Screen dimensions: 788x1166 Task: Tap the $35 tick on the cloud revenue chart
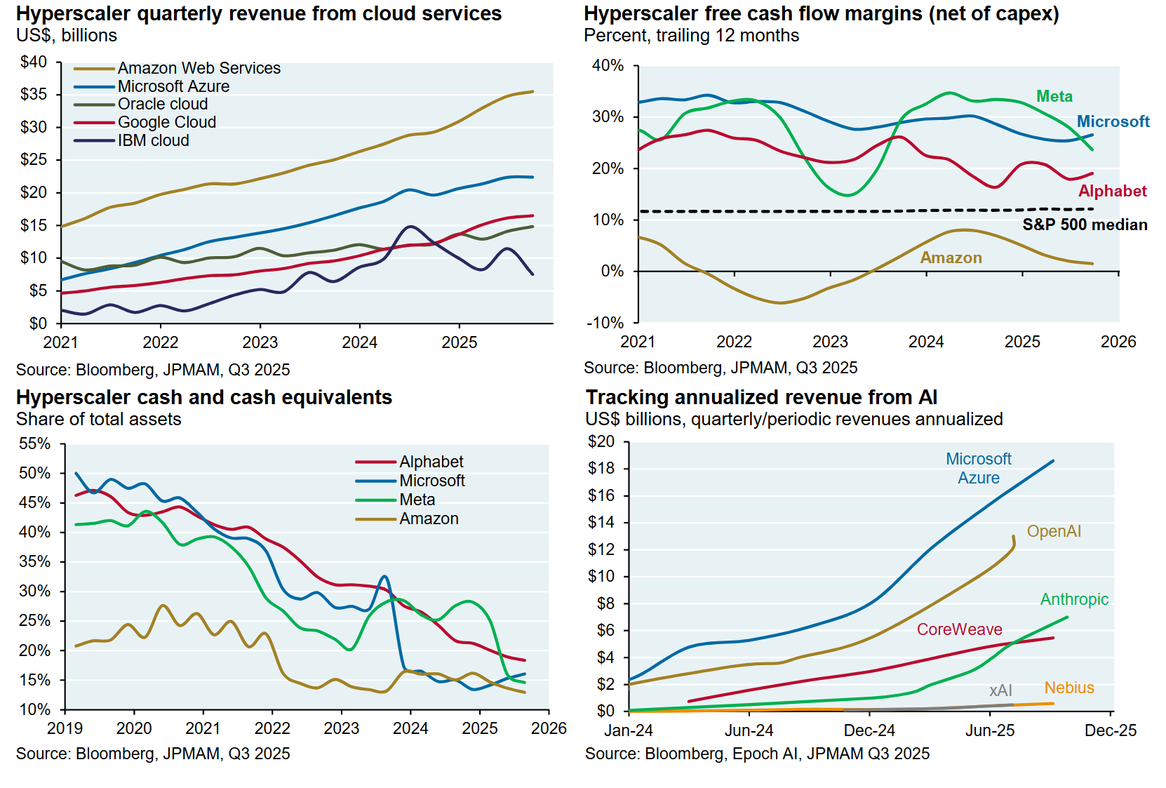[x=34, y=94]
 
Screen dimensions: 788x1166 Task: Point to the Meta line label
[x=1054, y=96]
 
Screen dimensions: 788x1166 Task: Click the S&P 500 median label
[x=1085, y=225]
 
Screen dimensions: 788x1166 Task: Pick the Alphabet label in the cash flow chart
[x=1112, y=191]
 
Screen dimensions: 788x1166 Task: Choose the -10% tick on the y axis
[x=605, y=323]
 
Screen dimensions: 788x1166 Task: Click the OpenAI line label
[x=1054, y=531]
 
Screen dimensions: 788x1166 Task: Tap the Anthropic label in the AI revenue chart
[x=1074, y=599]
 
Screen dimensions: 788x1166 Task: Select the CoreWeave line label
[x=959, y=629]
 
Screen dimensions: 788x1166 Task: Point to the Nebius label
[x=1068, y=688]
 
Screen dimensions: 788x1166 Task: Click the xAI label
[x=1000, y=690]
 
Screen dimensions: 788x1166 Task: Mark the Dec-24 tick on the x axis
[x=869, y=730]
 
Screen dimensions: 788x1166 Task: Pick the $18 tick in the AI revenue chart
[x=601, y=469]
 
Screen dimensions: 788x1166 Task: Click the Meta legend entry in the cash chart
[x=417, y=500]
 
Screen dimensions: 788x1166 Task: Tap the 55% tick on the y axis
[x=35, y=443]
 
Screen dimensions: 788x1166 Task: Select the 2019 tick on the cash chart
[x=65, y=728]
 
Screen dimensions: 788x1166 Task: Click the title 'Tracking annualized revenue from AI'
[x=761, y=397]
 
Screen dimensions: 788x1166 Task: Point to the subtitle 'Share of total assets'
[x=98, y=419]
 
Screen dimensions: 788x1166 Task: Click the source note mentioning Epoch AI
[x=757, y=754]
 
